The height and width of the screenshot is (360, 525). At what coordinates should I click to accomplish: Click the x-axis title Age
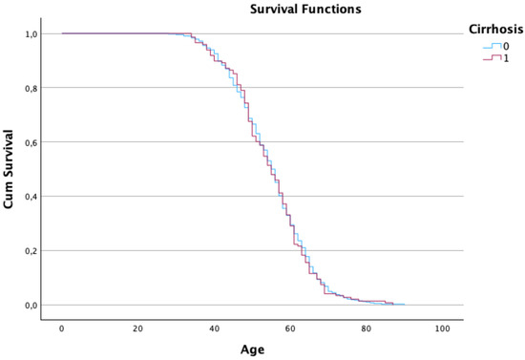[253, 349]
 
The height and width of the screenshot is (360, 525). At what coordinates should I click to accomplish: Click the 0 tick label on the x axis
[62, 328]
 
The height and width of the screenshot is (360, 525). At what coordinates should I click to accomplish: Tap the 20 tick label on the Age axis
[137, 328]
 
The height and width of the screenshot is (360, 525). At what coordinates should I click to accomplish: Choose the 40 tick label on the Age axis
[214, 328]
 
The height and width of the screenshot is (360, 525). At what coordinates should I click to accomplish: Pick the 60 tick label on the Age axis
[290, 328]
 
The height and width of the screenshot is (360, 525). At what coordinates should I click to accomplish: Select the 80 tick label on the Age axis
[367, 328]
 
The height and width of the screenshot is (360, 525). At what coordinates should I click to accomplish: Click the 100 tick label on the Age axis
[442, 328]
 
